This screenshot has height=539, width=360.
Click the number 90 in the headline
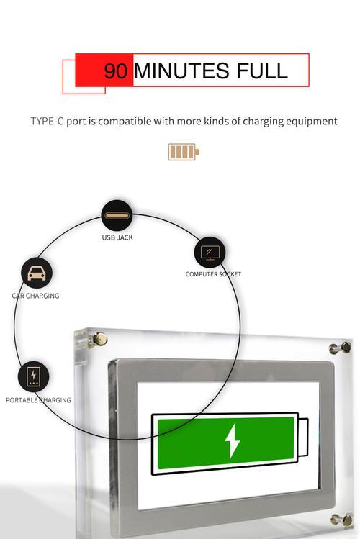tap(116, 71)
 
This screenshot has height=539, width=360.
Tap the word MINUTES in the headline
tap(181, 71)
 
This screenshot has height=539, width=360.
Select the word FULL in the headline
tap(262, 71)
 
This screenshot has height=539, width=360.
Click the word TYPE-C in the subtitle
tap(47, 122)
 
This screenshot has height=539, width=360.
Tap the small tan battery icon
tap(184, 152)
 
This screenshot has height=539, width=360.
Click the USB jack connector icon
tap(117, 216)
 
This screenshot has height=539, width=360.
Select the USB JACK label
tap(117, 237)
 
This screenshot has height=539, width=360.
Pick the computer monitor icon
tap(210, 253)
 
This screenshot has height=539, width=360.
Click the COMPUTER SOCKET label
tap(213, 274)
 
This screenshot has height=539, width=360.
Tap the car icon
tap(37, 273)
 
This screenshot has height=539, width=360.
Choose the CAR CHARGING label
tap(35, 296)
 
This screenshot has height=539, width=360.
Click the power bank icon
tap(33, 377)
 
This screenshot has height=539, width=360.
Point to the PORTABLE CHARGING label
tap(38, 400)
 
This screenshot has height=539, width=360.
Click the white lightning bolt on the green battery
tap(232, 441)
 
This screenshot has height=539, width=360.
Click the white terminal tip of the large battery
tap(303, 438)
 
